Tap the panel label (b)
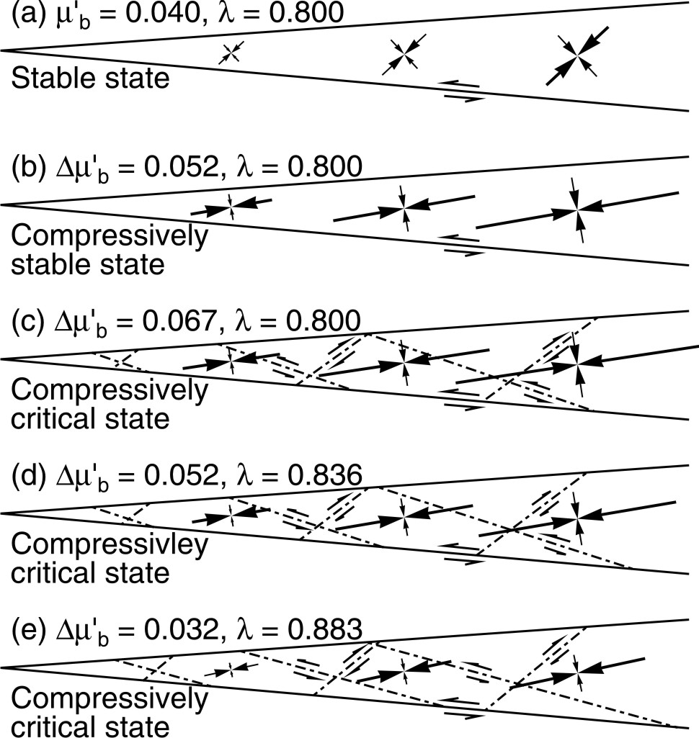(x=28, y=167)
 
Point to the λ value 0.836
(x=324, y=475)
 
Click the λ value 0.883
(x=324, y=629)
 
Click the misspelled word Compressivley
(x=110, y=546)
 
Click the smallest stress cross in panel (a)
(x=232, y=52)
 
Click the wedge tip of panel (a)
(x=1, y=50)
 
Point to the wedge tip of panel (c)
(x=1, y=359)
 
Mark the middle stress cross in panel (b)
(x=404, y=207)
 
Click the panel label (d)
(x=28, y=476)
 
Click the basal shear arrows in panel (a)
(x=462, y=91)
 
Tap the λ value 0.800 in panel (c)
(x=323, y=321)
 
